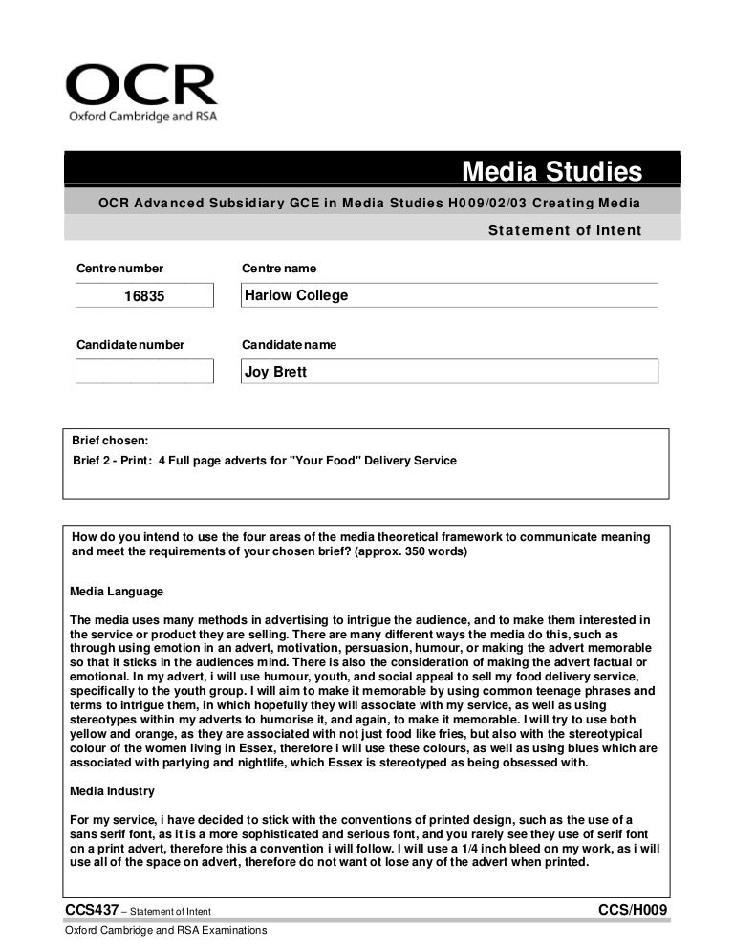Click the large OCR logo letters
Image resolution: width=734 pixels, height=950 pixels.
pos(140,86)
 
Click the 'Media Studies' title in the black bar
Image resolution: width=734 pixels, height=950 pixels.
pos(551,171)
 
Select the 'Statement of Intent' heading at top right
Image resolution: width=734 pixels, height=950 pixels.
pos(564,229)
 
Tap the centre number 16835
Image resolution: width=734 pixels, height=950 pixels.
pos(144,296)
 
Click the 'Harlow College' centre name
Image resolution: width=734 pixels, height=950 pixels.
pos(296,295)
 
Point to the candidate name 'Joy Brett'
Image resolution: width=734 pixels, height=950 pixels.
pos(276,372)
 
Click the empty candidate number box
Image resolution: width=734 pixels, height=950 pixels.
pos(144,372)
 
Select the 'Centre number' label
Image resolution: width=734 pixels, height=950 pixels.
pos(119,269)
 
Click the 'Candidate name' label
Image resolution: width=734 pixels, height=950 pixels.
pos(289,344)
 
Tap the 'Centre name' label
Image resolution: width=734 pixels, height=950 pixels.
pos(279,269)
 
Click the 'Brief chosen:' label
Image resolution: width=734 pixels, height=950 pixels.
pos(111,441)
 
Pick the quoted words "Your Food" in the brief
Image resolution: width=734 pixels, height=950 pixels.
pos(322,461)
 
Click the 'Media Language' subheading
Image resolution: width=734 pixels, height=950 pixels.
pos(117,592)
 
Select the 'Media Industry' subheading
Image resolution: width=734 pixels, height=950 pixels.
pos(113,792)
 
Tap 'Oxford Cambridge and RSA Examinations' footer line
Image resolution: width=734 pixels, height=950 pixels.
pos(164,931)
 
